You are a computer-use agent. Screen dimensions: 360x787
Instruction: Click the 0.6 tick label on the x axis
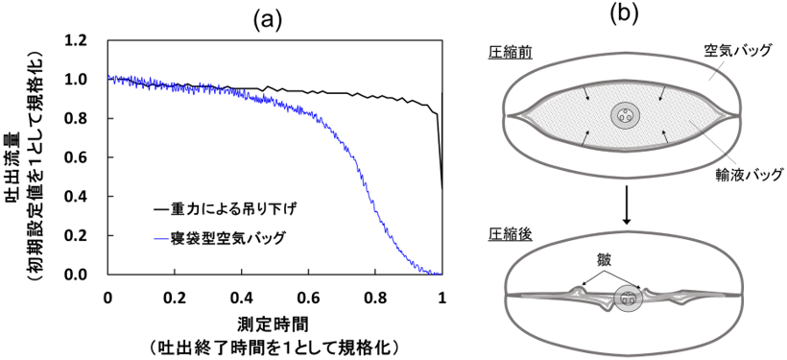point(309,295)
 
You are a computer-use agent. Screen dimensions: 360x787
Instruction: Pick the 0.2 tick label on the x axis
point(175,295)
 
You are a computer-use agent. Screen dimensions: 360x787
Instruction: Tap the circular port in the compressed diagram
point(627,299)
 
